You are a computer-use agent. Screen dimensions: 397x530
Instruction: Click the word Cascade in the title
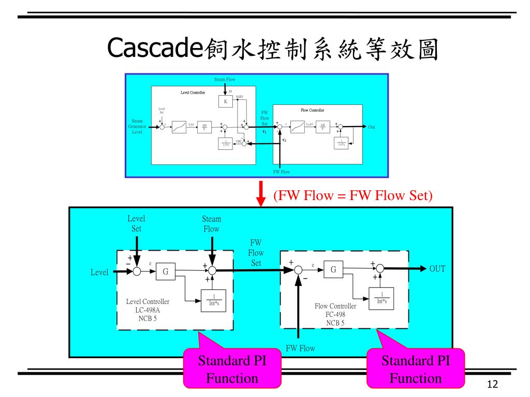(x=154, y=49)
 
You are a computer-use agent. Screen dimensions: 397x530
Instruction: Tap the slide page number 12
(x=492, y=384)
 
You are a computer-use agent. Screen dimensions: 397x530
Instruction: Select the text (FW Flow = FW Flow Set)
(x=352, y=196)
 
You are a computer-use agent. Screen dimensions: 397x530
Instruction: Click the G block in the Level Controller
(x=166, y=271)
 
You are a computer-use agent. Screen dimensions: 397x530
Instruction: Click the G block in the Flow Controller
(x=333, y=269)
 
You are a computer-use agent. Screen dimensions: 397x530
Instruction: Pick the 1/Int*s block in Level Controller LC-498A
(x=210, y=299)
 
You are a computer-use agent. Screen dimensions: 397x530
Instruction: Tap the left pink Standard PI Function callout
(x=232, y=369)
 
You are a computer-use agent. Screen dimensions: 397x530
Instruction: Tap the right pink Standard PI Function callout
(x=416, y=369)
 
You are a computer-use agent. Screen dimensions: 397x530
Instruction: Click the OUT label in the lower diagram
(x=437, y=269)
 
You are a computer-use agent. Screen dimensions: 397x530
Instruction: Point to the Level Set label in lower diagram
(x=136, y=223)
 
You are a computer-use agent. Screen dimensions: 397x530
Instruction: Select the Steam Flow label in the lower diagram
(x=211, y=224)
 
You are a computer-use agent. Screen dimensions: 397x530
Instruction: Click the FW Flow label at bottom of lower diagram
(x=300, y=348)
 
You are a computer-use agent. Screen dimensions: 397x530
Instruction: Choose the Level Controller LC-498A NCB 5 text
(x=148, y=310)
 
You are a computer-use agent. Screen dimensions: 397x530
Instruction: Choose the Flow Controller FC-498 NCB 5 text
(x=335, y=314)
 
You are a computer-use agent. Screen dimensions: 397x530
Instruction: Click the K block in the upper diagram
(x=226, y=102)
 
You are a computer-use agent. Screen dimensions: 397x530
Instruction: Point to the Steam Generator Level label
(x=137, y=127)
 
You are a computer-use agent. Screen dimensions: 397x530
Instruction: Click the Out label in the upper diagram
(x=372, y=127)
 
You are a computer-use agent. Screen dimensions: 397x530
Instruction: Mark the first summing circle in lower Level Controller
(x=137, y=272)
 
